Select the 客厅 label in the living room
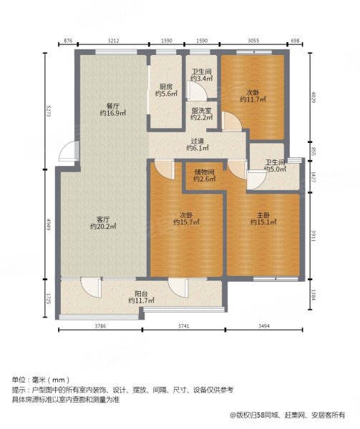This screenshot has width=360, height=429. tap(103, 219)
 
